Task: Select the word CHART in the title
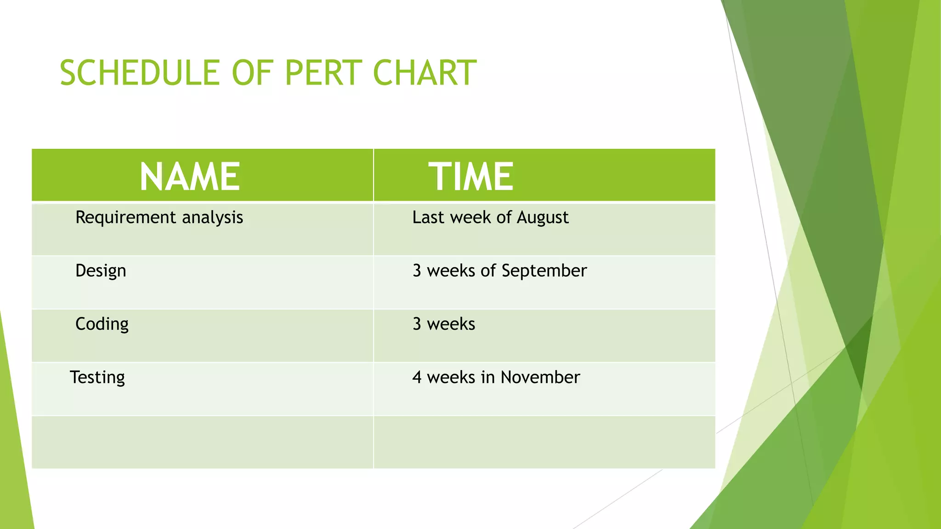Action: pyautogui.click(x=425, y=73)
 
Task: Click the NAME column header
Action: pyautogui.click(x=190, y=177)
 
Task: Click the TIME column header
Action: pyautogui.click(x=471, y=177)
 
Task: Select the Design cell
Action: pyautogui.click(x=101, y=271)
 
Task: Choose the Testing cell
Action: pyautogui.click(x=97, y=377)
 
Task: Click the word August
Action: pyautogui.click(x=543, y=218)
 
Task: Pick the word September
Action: pyautogui.click(x=544, y=271)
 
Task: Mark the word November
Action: pyautogui.click(x=540, y=377)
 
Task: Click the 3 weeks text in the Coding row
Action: pyautogui.click(x=444, y=324)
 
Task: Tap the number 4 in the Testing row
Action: pyautogui.click(x=417, y=377)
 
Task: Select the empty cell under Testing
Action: pyautogui.click(x=202, y=442)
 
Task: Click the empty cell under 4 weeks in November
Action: pyautogui.click(x=544, y=442)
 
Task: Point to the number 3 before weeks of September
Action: pyautogui.click(x=417, y=271)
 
